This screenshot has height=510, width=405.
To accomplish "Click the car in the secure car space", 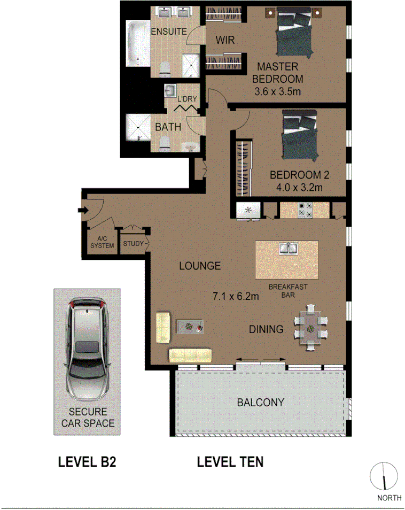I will [x=87, y=351].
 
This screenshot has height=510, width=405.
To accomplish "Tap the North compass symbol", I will [x=384, y=476].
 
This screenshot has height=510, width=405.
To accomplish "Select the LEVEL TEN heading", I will [x=230, y=461].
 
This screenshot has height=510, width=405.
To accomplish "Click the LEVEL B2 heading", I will [x=87, y=462].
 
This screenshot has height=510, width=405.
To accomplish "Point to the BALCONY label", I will [x=260, y=403].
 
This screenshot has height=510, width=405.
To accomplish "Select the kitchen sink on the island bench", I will [x=289, y=249].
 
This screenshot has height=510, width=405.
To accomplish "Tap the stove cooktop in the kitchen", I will [x=305, y=211].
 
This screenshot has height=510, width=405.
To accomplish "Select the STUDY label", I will [x=132, y=244].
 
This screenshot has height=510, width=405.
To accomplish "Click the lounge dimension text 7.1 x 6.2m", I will [x=236, y=296].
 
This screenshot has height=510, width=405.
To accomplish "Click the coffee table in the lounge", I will [x=190, y=325].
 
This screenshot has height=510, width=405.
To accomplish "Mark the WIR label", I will [x=225, y=40].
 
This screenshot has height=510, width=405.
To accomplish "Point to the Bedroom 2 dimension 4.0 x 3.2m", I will [x=299, y=188].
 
